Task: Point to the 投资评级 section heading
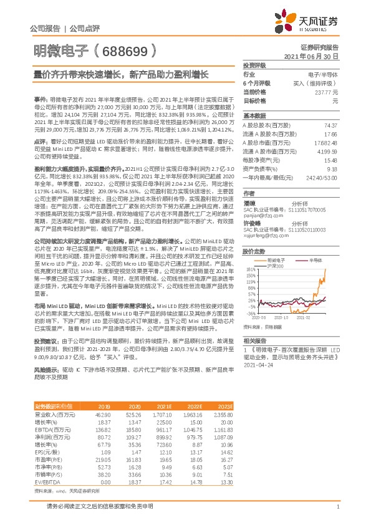254,65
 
